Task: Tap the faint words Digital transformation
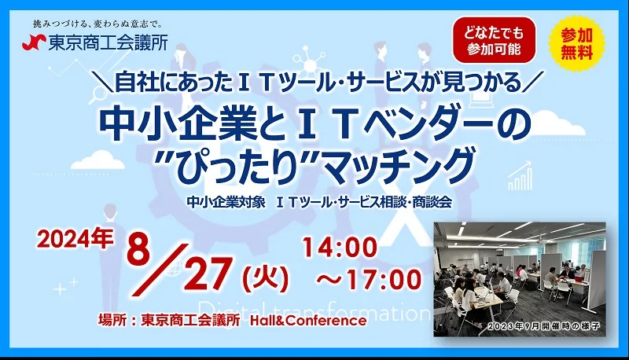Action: click(314, 309)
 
